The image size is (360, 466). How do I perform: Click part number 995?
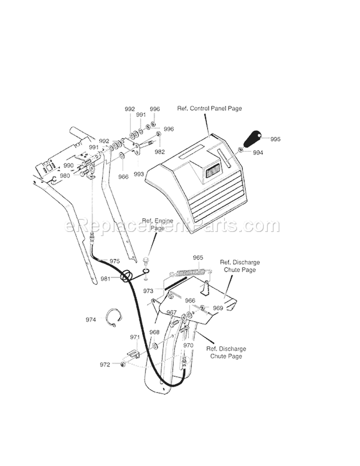click(x=275, y=139)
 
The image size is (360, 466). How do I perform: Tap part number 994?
click(x=258, y=152)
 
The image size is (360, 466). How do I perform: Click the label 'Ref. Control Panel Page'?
click(x=209, y=109)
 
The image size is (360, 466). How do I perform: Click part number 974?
click(x=91, y=319)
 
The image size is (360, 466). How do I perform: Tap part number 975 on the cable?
click(x=114, y=261)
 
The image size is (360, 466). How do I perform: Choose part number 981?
click(x=106, y=278)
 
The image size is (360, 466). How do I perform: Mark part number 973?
click(x=148, y=291)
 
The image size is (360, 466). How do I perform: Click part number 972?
click(x=105, y=365)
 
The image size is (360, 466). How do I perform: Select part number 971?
click(x=135, y=338)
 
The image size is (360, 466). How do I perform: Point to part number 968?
click(x=154, y=332)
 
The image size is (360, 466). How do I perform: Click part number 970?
click(x=188, y=345)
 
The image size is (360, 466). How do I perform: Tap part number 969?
click(x=218, y=308)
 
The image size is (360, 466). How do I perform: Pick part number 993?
click(x=139, y=174)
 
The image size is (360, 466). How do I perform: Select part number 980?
click(x=65, y=175)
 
